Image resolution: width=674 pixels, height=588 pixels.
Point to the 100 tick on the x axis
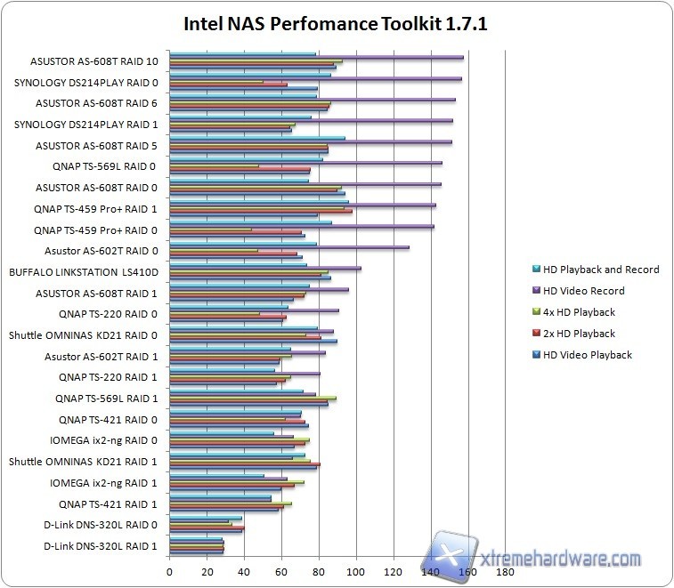pyautogui.click(x=357, y=573)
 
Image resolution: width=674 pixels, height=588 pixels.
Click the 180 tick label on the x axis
pyautogui.click(x=506, y=573)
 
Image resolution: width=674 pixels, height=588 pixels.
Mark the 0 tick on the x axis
pyautogui.click(x=169, y=573)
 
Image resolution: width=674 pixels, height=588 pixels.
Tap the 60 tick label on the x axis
pyautogui.click(x=281, y=573)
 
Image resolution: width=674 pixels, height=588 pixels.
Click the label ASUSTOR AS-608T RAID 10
pyautogui.click(x=95, y=61)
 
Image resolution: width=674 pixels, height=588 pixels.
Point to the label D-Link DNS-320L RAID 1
pyautogui.click(x=101, y=545)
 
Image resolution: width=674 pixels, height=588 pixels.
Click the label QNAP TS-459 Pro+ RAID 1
pyautogui.click(x=95, y=209)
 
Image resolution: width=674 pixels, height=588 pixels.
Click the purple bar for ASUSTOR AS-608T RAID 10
pyautogui.click(x=316, y=57)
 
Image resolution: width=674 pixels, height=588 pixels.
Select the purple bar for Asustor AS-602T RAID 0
pyautogui.click(x=289, y=247)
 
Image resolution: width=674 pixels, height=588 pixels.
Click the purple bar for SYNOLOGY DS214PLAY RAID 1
pyautogui.click(x=311, y=120)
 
